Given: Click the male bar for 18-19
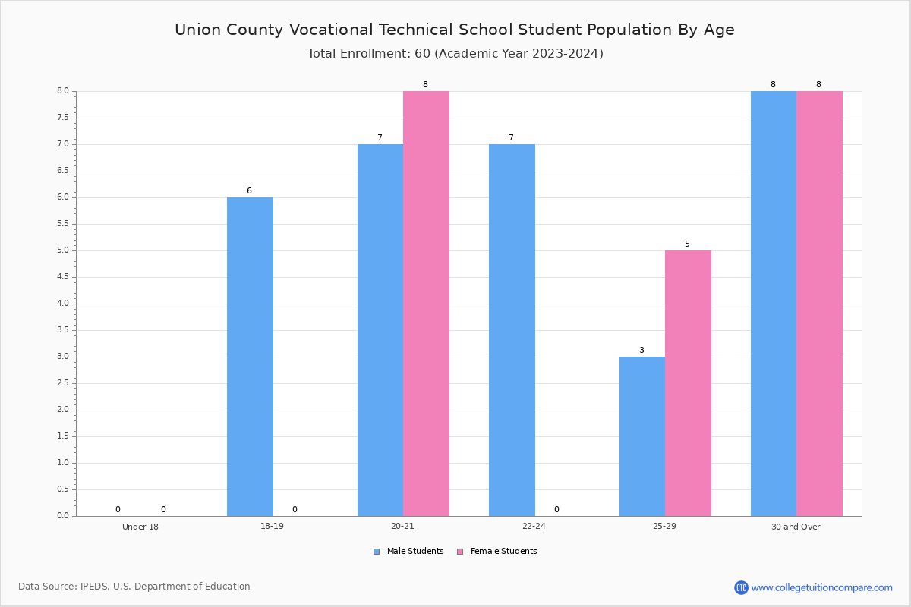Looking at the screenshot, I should pyautogui.click(x=250, y=357).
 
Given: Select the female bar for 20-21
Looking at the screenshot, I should pyautogui.click(x=426, y=303).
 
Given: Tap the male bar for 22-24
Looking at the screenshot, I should pyautogui.click(x=512, y=330).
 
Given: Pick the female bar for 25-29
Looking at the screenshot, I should pyautogui.click(x=688, y=383).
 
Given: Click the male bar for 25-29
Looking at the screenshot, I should pyautogui.click(x=642, y=436).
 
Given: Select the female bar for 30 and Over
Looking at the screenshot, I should pyautogui.click(x=819, y=303).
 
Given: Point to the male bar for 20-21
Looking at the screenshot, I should pyautogui.click(x=380, y=330).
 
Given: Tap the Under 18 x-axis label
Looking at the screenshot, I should pyautogui.click(x=140, y=527).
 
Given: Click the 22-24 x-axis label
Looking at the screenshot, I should pyautogui.click(x=534, y=527).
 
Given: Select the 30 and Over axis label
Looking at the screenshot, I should pyautogui.click(x=796, y=527).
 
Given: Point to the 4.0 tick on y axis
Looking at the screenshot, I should pyautogui.click(x=62, y=303).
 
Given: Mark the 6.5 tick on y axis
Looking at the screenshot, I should pyautogui.click(x=62, y=171).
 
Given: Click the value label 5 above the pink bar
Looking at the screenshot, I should pyautogui.click(x=687, y=244).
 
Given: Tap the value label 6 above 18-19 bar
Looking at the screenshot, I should pyautogui.click(x=249, y=191).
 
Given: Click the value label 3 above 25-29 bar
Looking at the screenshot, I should pyautogui.click(x=641, y=351).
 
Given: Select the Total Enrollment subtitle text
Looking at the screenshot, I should pyautogui.click(x=455, y=54).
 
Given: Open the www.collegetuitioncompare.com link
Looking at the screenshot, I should pyautogui.click(x=821, y=587).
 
